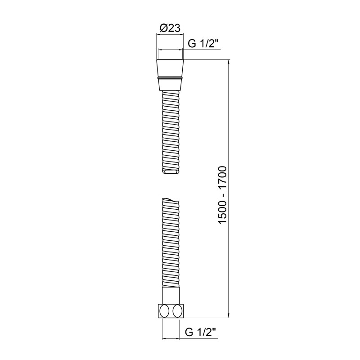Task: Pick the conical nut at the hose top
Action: pos(170,68)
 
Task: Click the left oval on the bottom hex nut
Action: pos(165,311)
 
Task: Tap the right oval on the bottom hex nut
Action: pos(177,311)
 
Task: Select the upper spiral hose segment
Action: pos(170,130)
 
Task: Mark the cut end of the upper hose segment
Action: pos(171,171)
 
